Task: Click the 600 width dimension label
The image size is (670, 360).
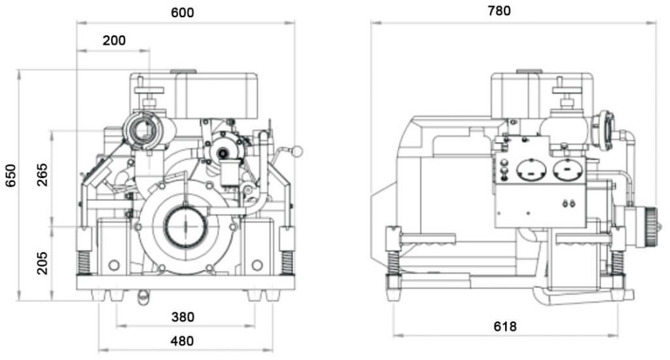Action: click(x=183, y=12)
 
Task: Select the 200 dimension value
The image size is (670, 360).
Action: click(x=114, y=41)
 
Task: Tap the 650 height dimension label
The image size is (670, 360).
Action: click(x=10, y=175)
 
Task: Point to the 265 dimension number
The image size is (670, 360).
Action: click(x=43, y=175)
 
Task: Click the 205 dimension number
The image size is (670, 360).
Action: click(x=43, y=262)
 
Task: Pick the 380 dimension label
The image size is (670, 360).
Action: click(x=183, y=317)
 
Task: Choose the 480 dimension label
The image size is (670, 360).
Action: click(x=182, y=341)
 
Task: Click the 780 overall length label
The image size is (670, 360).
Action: click(x=499, y=10)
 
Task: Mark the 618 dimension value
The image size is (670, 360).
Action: click(x=505, y=326)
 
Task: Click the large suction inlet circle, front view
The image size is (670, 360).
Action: click(x=186, y=227)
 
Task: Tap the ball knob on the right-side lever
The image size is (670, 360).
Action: click(x=296, y=151)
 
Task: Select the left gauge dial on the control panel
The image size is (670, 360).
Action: click(x=531, y=170)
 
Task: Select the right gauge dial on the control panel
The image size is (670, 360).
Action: click(x=568, y=170)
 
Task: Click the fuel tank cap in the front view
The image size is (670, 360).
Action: click(x=183, y=72)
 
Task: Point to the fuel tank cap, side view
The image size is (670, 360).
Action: click(x=529, y=71)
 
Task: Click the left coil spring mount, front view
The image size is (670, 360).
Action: click(x=84, y=261)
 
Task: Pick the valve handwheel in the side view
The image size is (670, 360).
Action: click(x=567, y=90)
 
